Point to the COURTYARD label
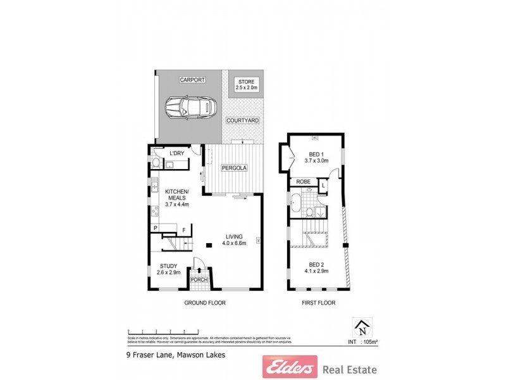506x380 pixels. [x=242, y=120]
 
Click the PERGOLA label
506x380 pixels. [x=233, y=168]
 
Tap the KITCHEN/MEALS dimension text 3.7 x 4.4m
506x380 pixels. [x=177, y=205]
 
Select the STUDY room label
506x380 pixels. [x=168, y=266]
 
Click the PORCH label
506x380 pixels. [x=199, y=280]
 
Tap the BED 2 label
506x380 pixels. [x=317, y=264]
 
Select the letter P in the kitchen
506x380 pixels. [x=154, y=228]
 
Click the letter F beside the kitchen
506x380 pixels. [x=184, y=229]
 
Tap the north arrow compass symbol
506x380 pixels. [x=362, y=327]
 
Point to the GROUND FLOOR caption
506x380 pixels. [x=204, y=303]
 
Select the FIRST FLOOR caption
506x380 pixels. [x=318, y=303]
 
